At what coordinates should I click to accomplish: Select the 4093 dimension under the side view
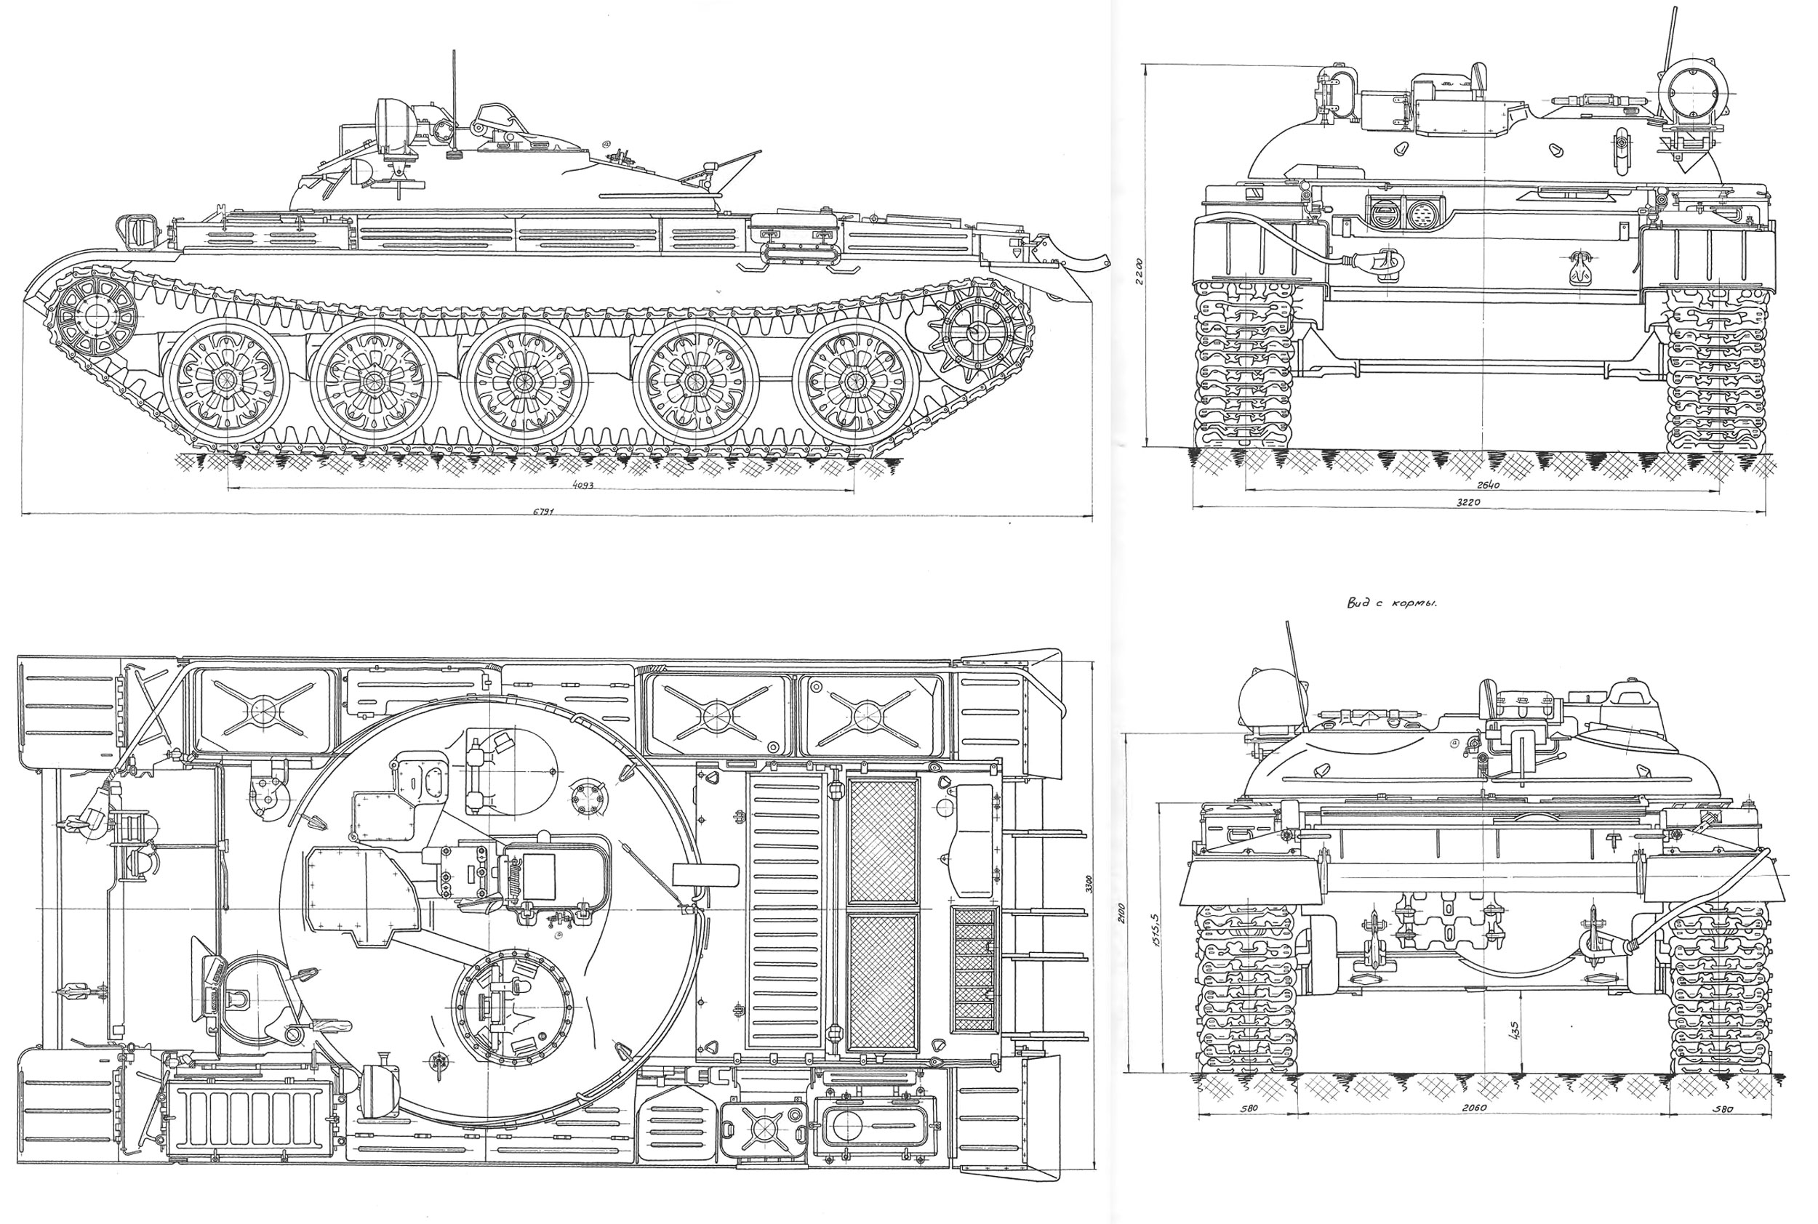[583, 485]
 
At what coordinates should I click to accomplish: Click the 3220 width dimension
[1468, 503]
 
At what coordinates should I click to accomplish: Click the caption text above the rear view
[1392, 603]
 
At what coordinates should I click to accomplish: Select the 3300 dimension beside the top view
[1089, 884]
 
